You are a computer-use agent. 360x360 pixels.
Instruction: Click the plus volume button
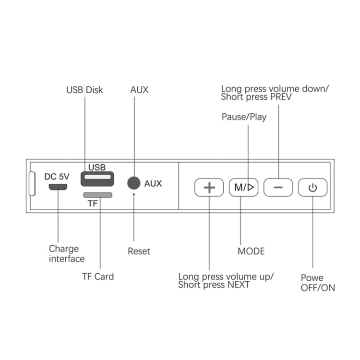tap(209, 187)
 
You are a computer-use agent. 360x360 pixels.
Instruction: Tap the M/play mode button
tap(243, 187)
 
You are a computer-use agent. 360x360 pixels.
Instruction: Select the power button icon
tap(312, 187)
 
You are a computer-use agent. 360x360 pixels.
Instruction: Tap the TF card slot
tap(98, 195)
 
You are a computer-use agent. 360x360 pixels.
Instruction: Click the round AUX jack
tap(133, 183)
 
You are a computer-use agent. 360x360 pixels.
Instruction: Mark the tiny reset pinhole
tap(133, 194)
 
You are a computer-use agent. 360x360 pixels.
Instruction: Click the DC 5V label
tap(57, 176)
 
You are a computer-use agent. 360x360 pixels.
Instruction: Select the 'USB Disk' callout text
tap(84, 90)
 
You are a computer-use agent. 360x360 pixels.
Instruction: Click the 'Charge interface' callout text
tap(66, 254)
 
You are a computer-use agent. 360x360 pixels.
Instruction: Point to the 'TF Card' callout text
tap(98, 276)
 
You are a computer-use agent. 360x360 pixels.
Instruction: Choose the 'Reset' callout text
tap(139, 251)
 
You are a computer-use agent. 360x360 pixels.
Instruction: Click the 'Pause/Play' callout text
tap(244, 117)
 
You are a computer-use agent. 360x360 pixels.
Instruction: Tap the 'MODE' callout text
tap(251, 251)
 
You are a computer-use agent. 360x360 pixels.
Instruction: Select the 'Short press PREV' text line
tap(256, 96)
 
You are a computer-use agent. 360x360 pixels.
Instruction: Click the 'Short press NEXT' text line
tap(214, 285)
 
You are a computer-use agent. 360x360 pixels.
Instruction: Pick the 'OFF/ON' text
tap(318, 288)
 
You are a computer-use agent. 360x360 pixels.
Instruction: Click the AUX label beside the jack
tap(153, 183)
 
